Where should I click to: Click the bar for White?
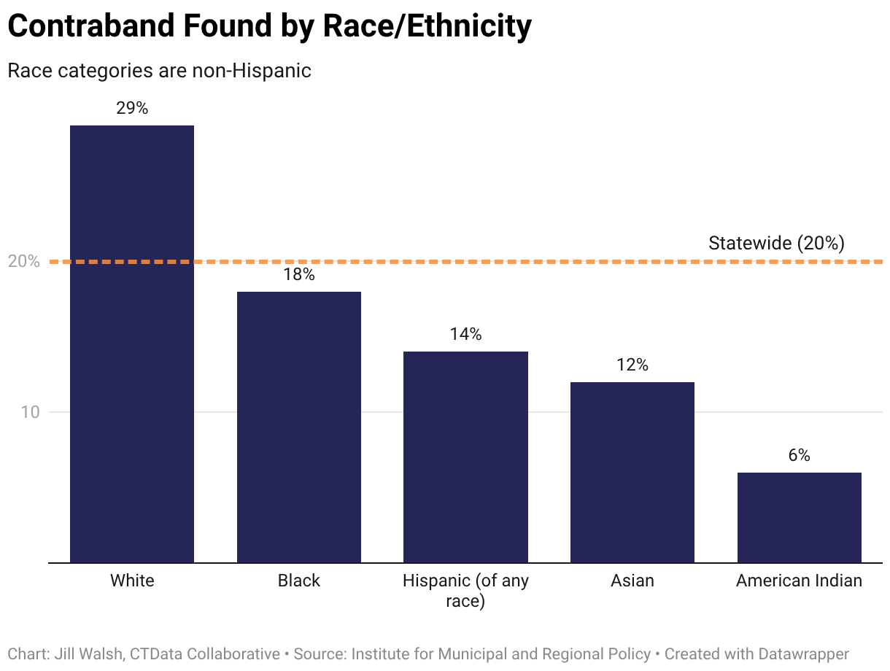[x=132, y=344]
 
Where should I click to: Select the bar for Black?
[x=299, y=427]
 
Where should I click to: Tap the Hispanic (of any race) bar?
[x=465, y=457]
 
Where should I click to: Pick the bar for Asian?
[x=632, y=472]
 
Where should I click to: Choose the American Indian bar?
[x=799, y=517]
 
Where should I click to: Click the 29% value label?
[x=132, y=108]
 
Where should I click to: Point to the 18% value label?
[x=299, y=274]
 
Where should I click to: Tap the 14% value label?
[x=465, y=334]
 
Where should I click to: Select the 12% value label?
[x=632, y=365]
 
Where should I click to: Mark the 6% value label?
[x=799, y=455]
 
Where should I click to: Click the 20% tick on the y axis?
[x=24, y=261]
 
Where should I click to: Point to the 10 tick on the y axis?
[x=30, y=412]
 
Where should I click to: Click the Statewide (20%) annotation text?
[x=776, y=243]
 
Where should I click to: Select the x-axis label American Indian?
[x=799, y=581]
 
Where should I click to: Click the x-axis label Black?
[x=299, y=581]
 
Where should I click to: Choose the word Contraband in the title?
[x=91, y=26]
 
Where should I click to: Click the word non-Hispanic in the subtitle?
[x=252, y=71]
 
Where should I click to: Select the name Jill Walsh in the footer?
[x=88, y=654]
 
